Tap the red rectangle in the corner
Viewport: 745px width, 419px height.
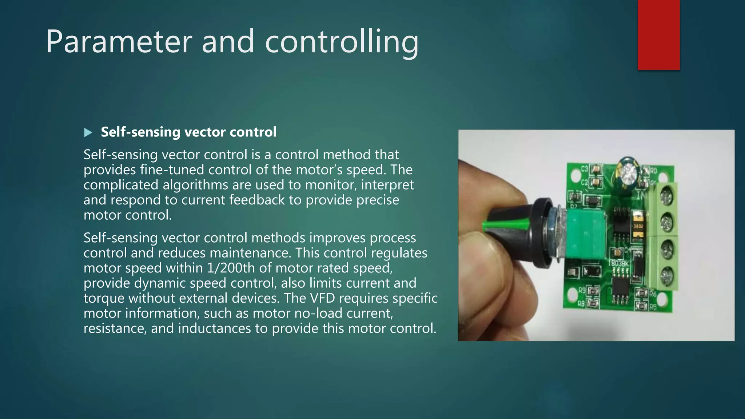pyautogui.click(x=658, y=35)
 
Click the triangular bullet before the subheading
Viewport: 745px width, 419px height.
pyautogui.click(x=88, y=133)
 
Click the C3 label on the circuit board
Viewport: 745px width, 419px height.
pyautogui.click(x=584, y=169)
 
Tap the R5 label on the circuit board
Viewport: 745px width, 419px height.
pyautogui.click(x=653, y=307)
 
